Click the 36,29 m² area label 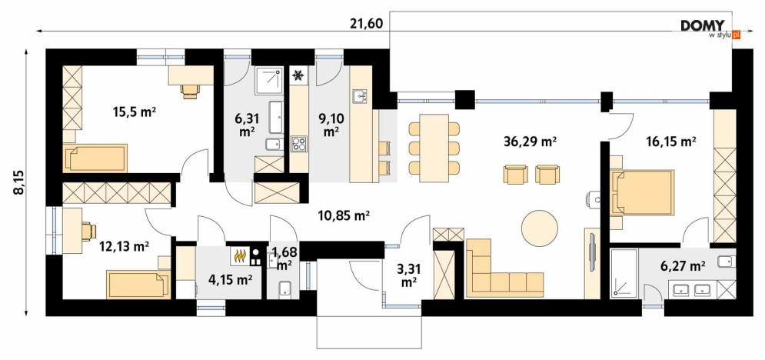point(530,142)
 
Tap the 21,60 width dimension point(366,23)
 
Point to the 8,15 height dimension point(18,183)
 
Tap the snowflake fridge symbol point(298,75)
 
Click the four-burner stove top point(298,144)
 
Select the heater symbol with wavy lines point(239,255)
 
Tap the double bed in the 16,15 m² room point(642,192)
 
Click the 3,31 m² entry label point(408,275)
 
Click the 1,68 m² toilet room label point(284,258)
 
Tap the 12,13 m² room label point(125,248)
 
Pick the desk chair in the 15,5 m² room point(190,90)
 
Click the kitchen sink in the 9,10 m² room point(361,96)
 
